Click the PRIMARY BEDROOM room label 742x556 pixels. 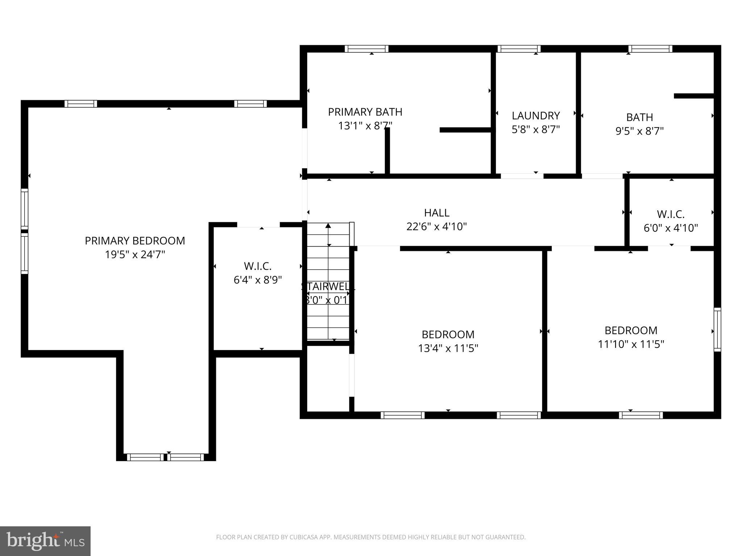[135, 241]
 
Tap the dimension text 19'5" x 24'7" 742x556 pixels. [135, 255]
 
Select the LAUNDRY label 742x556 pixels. [536, 116]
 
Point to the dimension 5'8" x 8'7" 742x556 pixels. [536, 129]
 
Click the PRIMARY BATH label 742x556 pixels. [365, 112]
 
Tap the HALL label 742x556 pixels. [437, 213]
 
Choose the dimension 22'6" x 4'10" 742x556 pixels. [437, 227]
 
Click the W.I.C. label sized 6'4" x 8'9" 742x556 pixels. [258, 266]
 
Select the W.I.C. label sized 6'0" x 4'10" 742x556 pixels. [671, 214]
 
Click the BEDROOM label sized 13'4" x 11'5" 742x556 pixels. [448, 334]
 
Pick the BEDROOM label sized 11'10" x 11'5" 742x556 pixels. [631, 330]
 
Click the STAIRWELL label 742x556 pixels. [328, 286]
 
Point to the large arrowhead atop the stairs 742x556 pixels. [328, 226]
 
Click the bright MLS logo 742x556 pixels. [45, 541]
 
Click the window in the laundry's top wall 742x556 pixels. [519, 49]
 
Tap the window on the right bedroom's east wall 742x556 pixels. [717, 329]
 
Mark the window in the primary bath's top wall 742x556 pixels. [366, 49]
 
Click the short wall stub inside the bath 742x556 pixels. [693, 96]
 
